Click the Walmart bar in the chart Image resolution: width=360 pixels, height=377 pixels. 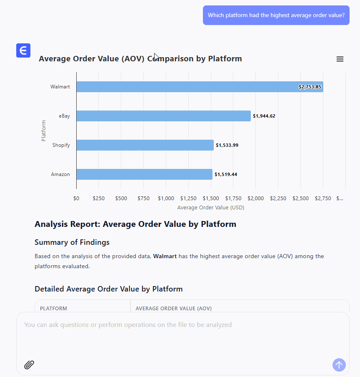[187, 87]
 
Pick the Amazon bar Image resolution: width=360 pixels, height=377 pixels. [144, 174]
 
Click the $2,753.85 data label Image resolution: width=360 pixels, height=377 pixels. [310, 87]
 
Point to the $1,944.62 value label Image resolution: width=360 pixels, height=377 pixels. [264, 116]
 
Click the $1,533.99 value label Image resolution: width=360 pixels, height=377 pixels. [227, 145]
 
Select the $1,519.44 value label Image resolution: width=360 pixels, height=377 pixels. [226, 174]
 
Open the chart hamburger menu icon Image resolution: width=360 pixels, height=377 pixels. [340, 59]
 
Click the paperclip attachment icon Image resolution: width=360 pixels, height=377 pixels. [29, 365]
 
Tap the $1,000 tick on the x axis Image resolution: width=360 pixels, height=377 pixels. [166, 199]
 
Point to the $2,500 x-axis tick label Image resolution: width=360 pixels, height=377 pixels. [300, 199]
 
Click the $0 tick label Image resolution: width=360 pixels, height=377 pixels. [76, 199]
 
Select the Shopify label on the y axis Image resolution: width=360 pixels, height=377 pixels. [61, 145]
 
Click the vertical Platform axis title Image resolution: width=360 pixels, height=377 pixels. [44, 131]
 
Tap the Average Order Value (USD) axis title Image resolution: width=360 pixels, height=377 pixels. [211, 207]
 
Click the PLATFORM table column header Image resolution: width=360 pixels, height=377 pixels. [53, 309]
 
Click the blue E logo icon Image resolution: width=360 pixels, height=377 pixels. [23, 50]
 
